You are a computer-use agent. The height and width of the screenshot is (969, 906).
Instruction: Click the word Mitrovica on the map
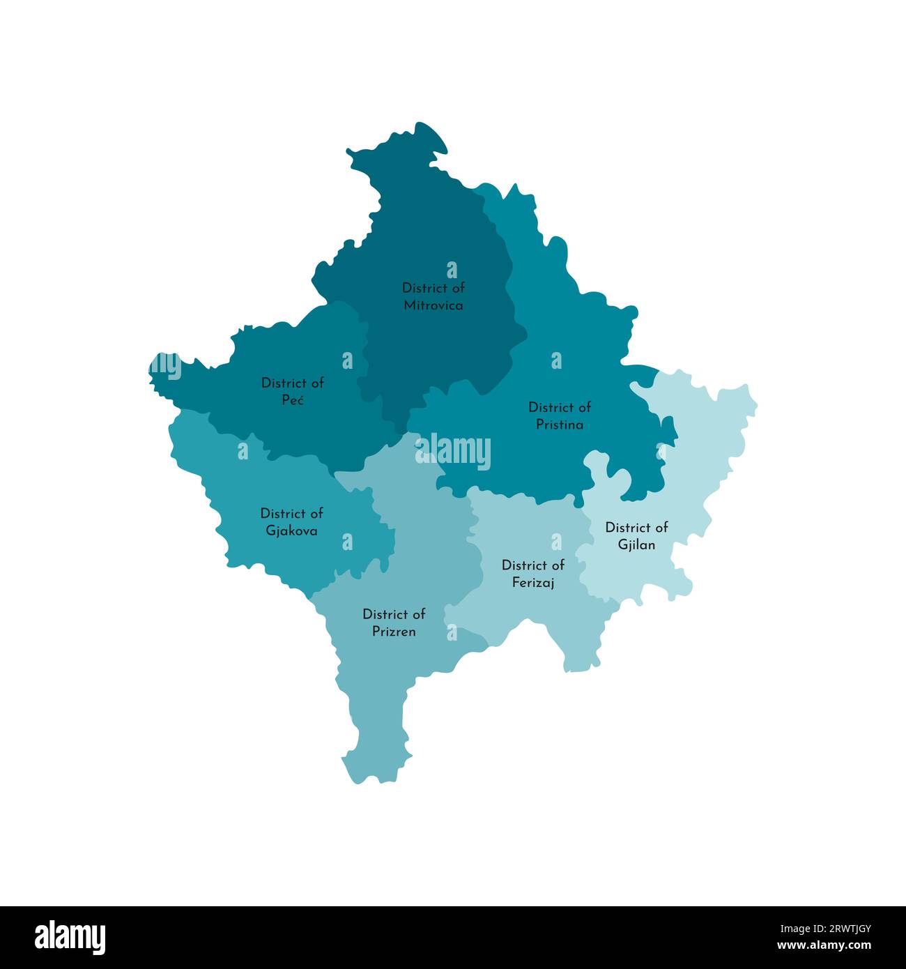tap(433, 305)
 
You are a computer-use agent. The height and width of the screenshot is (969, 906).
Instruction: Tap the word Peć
tap(293, 400)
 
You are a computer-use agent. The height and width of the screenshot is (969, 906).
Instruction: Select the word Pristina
tap(560, 425)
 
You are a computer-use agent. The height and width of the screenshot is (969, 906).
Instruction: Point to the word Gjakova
tap(291, 531)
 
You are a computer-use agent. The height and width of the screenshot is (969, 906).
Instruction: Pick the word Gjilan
tap(636, 544)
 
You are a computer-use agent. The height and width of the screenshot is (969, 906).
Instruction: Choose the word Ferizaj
tap(533, 582)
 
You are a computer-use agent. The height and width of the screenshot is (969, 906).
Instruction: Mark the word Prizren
tap(394, 632)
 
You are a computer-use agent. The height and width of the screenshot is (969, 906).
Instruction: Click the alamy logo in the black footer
tap(70, 937)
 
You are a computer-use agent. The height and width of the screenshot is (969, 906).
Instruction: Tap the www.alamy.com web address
tap(823, 946)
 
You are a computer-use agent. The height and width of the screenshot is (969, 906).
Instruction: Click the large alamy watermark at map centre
tap(453, 451)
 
